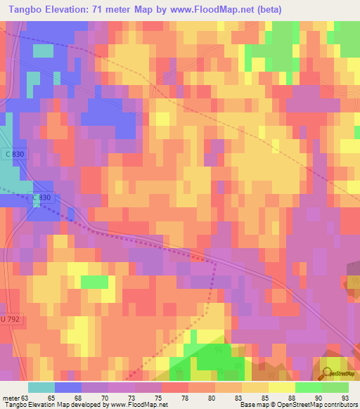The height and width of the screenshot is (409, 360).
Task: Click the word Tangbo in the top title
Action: pyautogui.click(x=22, y=9)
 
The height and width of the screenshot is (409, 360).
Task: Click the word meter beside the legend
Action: pyautogui.click(x=11, y=398)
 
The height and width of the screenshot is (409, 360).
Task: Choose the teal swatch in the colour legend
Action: pyautogui.click(x=41, y=387)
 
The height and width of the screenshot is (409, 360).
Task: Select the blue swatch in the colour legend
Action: pyautogui.click(x=68, y=387)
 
